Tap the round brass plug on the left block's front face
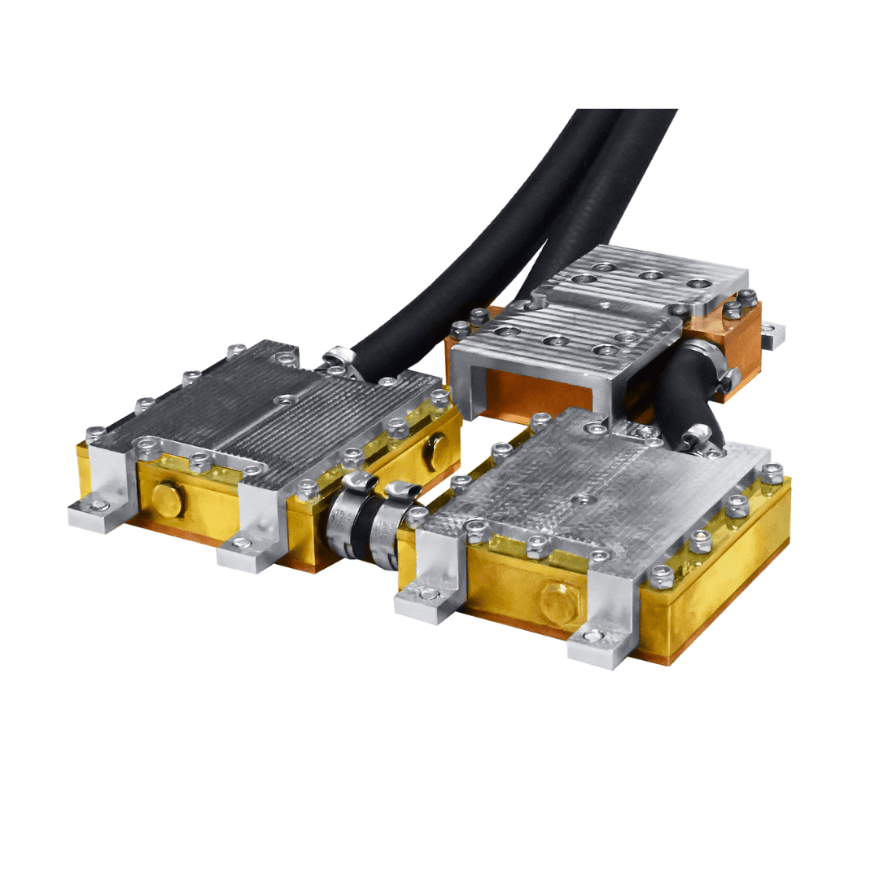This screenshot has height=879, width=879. click(x=166, y=499)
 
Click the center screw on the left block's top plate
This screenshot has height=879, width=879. click(x=285, y=400)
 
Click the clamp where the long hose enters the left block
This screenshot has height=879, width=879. click(x=340, y=359)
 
